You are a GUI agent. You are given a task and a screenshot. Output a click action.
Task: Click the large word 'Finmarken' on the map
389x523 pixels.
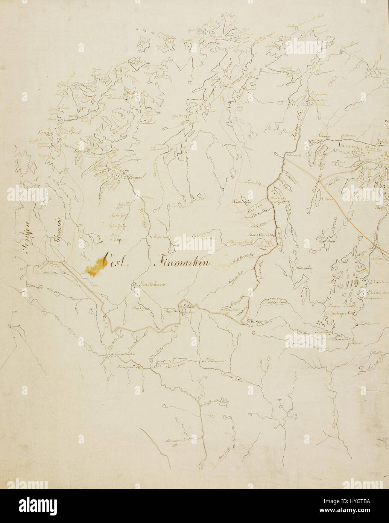click(184, 263)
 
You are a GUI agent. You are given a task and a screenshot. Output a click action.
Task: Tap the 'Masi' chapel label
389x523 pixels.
click(161, 237)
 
